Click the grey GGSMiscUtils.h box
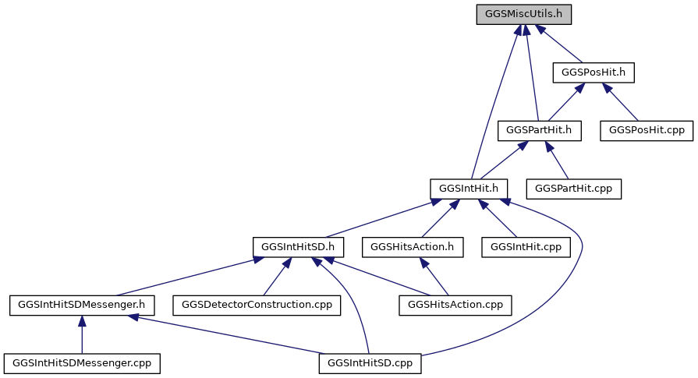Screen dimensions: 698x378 tap(523, 14)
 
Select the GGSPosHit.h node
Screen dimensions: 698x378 tap(593, 72)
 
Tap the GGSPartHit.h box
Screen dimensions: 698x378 tap(539, 131)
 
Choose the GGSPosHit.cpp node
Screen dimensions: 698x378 tap(647, 131)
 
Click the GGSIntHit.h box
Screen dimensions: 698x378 tap(469, 189)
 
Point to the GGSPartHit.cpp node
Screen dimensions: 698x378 tap(573, 189)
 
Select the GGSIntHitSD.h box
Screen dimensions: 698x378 tap(298, 247)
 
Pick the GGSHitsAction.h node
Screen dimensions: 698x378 tap(413, 247)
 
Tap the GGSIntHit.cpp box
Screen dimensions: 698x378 tap(526, 247)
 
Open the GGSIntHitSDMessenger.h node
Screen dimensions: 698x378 tap(82, 305)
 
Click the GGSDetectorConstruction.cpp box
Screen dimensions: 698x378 tap(257, 305)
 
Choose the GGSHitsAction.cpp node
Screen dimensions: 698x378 tap(455, 305)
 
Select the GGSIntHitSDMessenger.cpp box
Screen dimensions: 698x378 tap(82, 363)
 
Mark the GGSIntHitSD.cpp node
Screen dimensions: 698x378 tap(370, 363)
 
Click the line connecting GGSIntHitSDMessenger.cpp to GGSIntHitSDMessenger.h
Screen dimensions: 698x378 tap(82, 334)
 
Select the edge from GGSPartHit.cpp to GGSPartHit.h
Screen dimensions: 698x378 tap(557, 160)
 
